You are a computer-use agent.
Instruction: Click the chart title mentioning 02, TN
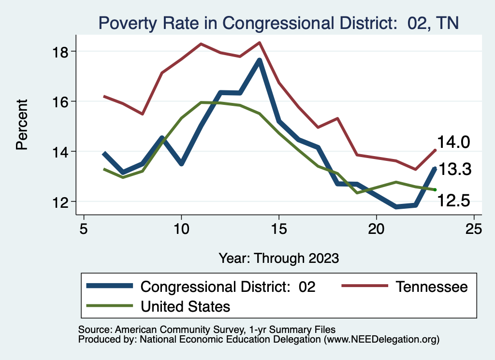278,23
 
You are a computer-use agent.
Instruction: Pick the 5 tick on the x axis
84,229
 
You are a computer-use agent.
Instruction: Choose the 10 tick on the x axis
181,229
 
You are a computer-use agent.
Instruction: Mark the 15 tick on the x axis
279,229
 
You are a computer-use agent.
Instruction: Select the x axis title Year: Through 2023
278,258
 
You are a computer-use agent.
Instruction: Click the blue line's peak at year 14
259,61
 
